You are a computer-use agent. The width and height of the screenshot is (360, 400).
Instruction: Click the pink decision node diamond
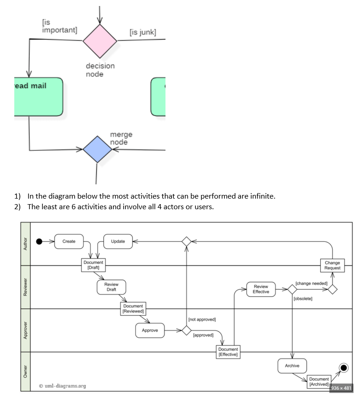click(x=100, y=41)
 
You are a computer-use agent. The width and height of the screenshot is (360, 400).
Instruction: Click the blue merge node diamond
click(x=97, y=149)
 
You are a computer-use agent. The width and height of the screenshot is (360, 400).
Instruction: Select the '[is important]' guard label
click(x=59, y=26)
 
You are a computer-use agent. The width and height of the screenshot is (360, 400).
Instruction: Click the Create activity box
click(x=69, y=241)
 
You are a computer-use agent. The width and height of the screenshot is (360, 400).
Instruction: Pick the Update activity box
click(x=118, y=241)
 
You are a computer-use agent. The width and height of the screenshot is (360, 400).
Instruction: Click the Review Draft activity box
click(x=112, y=287)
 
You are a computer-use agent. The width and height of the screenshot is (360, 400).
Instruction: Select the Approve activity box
click(x=150, y=330)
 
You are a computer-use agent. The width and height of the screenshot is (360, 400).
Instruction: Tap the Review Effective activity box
click(x=261, y=289)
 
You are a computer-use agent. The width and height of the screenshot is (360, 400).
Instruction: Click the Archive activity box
click(x=292, y=365)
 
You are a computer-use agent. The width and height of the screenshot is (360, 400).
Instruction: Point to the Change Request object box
click(x=332, y=265)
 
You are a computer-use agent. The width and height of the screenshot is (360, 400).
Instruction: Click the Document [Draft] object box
click(x=94, y=265)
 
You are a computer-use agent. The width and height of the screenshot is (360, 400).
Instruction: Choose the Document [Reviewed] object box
click(x=133, y=308)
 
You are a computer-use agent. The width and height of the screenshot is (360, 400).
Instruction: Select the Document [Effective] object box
click(x=228, y=352)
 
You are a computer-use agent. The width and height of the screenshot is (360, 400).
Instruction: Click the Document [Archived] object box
click(x=319, y=382)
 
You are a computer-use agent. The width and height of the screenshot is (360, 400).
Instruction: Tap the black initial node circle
click(x=39, y=241)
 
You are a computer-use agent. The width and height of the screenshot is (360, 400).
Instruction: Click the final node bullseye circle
click(x=343, y=367)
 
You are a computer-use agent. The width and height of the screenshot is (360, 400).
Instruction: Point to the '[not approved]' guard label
click(x=202, y=319)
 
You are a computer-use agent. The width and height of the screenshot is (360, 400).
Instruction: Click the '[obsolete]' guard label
click(x=303, y=299)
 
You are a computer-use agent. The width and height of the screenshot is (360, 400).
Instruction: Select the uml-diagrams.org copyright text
click(x=62, y=386)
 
